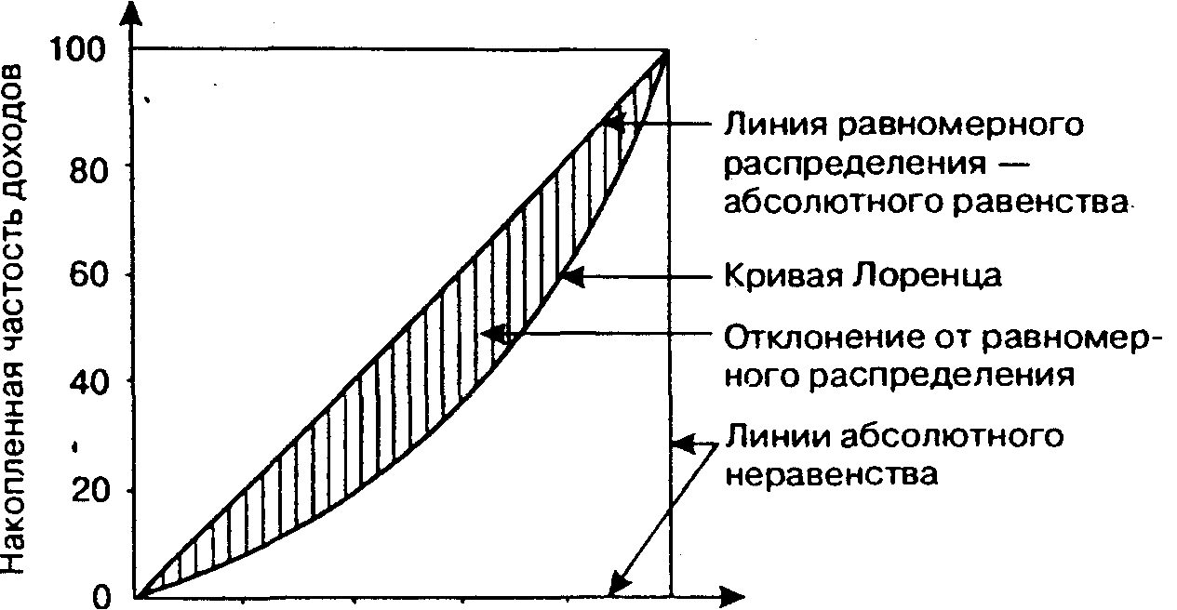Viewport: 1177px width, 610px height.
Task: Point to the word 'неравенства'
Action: (830, 474)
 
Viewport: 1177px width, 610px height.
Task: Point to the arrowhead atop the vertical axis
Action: (133, 13)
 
